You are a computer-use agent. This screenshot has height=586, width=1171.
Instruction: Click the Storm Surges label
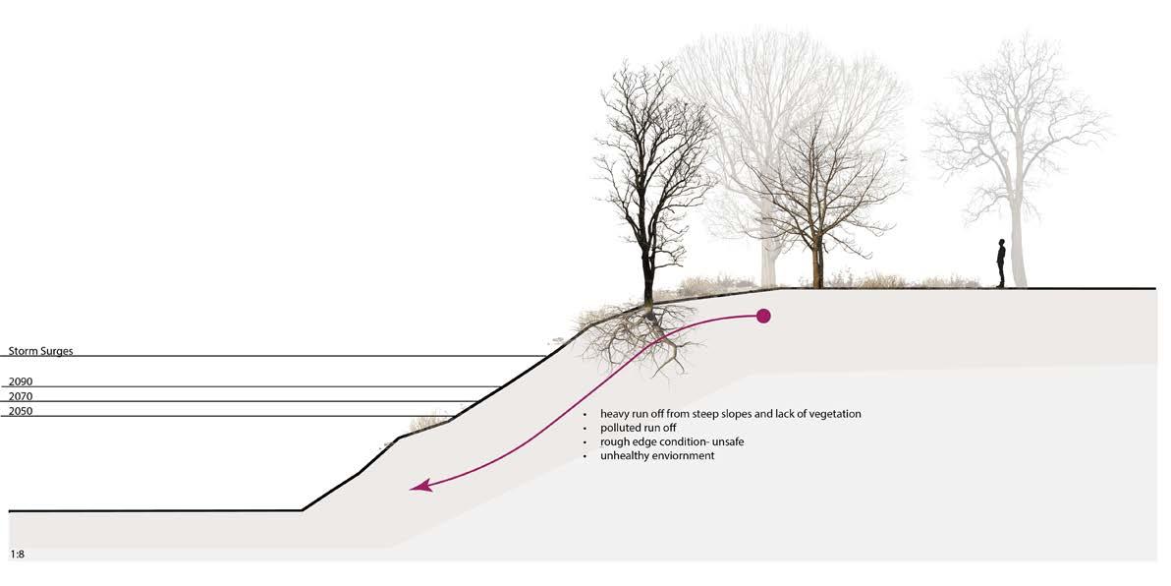(41, 351)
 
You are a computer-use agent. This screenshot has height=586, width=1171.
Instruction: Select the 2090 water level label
(21, 381)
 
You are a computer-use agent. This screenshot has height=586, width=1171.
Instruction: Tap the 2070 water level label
(21, 396)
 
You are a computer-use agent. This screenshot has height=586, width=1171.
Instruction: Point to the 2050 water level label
(21, 411)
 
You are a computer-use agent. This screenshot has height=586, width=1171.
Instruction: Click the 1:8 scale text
(17, 555)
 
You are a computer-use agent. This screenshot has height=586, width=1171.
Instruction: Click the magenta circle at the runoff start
(763, 316)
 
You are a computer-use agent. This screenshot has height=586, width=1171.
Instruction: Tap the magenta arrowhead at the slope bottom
(418, 486)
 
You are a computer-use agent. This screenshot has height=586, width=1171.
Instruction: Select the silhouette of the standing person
(1001, 264)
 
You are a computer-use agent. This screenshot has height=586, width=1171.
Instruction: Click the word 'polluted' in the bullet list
(621, 429)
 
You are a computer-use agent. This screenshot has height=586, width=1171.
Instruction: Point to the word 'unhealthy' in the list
(627, 456)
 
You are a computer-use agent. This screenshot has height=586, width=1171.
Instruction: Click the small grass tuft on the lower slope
(428, 423)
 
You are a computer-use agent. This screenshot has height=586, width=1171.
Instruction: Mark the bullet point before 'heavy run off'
(585, 415)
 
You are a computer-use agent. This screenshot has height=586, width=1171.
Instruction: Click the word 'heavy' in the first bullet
(615, 414)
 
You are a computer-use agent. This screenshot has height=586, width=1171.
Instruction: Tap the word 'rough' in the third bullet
(615, 442)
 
